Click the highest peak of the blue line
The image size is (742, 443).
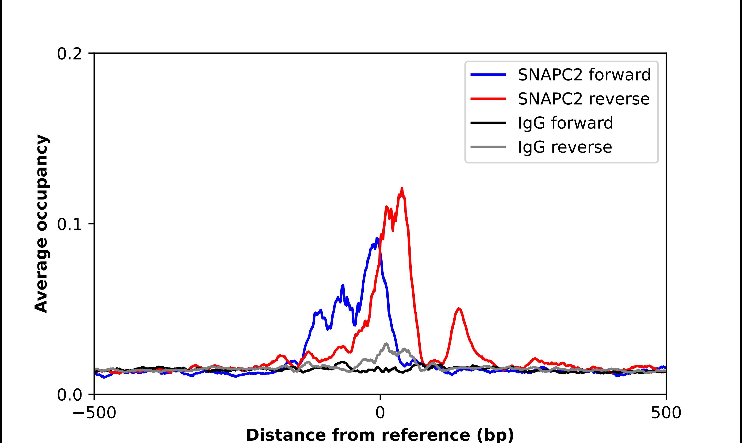pyautogui.click(x=377, y=238)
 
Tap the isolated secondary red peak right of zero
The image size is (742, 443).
pyautogui.click(x=459, y=309)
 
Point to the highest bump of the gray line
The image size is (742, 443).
pyautogui.click(x=386, y=344)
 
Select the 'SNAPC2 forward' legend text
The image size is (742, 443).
pyautogui.click(x=584, y=75)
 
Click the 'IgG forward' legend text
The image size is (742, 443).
pyautogui.click(x=565, y=123)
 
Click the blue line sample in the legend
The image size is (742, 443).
pyautogui.click(x=488, y=75)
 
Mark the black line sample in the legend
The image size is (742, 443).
pyautogui.click(x=488, y=123)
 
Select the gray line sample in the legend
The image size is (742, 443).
pyautogui.click(x=488, y=147)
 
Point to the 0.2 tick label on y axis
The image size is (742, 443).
pyautogui.click(x=69, y=54)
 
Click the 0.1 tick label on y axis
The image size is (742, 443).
pyautogui.click(x=69, y=224)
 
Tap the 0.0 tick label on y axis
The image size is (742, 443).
pyautogui.click(x=69, y=395)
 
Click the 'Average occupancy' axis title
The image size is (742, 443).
pyautogui.click(x=41, y=224)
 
